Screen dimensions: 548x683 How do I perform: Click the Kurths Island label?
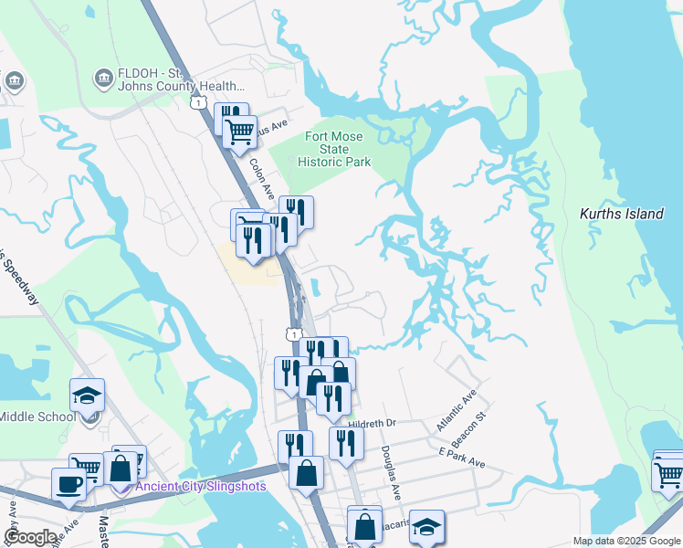point(621,214)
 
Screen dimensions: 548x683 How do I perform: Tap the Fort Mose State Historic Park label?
point(333,149)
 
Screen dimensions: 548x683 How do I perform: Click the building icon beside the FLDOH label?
point(103,79)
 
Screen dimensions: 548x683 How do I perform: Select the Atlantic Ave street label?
point(457,410)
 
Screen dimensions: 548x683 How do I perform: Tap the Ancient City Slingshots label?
point(200,486)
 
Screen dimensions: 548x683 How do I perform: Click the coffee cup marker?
point(68,483)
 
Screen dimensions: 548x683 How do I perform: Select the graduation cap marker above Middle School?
point(87,395)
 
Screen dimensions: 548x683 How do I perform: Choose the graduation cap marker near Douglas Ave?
point(426,525)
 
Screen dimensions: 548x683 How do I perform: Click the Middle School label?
point(37,416)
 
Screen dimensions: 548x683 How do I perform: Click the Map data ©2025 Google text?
point(625,540)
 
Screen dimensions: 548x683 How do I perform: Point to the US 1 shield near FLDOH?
point(197,102)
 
